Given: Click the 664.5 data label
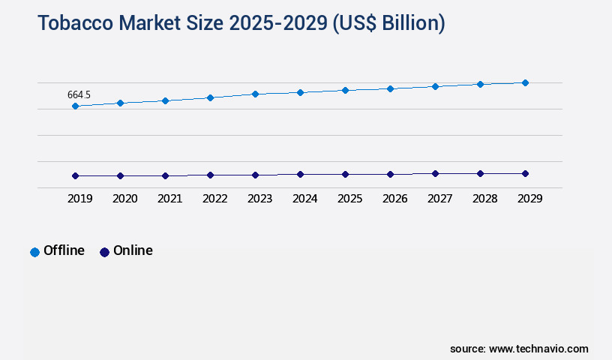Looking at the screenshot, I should pyautogui.click(x=79, y=94).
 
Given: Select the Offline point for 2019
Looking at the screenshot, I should pyautogui.click(x=75, y=106).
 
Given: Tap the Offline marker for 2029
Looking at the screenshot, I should pyautogui.click(x=525, y=82).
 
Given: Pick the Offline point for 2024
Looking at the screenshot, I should pyautogui.click(x=300, y=92).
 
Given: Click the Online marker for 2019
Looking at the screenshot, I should pyautogui.click(x=75, y=175).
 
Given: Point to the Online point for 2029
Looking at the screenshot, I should pyautogui.click(x=525, y=173).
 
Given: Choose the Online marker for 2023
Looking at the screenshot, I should pyautogui.click(x=255, y=175).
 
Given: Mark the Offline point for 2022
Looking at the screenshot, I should pyautogui.click(x=210, y=97).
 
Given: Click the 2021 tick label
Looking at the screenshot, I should pyautogui.click(x=169, y=199).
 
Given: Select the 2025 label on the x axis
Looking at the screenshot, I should pyautogui.click(x=349, y=199).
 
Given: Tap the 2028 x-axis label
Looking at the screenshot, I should pyautogui.click(x=484, y=199).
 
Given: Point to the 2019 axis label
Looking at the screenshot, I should pyautogui.click(x=79, y=199).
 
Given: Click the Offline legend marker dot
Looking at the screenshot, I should pyautogui.click(x=34, y=252).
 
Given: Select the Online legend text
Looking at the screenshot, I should pyautogui.click(x=133, y=250).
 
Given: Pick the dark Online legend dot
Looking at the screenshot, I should pyautogui.click(x=104, y=252).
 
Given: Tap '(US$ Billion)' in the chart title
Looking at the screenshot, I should pyautogui.click(x=388, y=23).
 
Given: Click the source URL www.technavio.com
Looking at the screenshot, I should pyautogui.click(x=538, y=349).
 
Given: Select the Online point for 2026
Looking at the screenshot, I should pyautogui.click(x=390, y=174).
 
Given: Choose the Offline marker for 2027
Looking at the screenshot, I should pyautogui.click(x=435, y=86).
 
